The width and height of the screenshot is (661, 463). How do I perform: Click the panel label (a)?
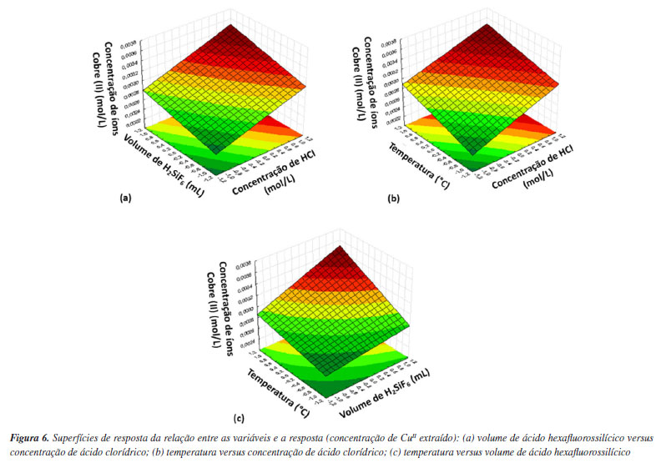(126, 199)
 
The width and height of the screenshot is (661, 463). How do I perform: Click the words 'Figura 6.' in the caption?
(33, 437)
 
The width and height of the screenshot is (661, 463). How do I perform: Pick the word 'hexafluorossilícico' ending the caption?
(588, 451)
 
